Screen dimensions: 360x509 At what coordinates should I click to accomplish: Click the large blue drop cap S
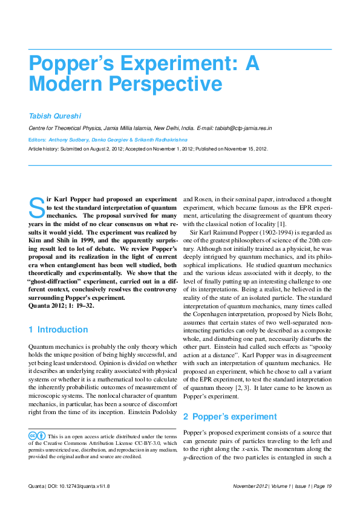pos(36,207)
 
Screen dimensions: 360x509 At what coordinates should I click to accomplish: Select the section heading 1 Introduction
pos(58,330)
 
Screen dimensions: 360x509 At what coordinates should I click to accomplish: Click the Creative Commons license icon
pos(37,435)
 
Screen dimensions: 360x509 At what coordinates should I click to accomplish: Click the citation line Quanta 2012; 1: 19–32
pos(61,306)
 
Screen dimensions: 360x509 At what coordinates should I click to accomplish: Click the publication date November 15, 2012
pos(243,149)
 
